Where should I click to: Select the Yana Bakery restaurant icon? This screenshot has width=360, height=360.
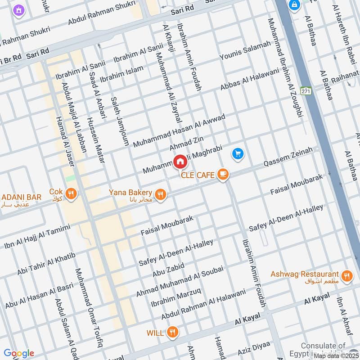coord(160,194)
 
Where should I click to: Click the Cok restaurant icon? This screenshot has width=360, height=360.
coord(71,194)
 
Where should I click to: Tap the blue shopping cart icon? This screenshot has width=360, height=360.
coord(238,154)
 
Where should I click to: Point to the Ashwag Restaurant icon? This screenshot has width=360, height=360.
coord(346,276)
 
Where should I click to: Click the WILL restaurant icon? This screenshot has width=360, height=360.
coord(171,333)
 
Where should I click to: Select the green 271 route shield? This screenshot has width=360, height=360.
coord(306,90)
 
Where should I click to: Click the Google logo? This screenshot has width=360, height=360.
coord(18,353)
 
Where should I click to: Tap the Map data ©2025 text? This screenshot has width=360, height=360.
coord(336,355)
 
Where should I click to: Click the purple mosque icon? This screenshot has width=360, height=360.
coord(18,9)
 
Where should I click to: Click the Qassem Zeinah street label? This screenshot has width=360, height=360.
coord(288,157)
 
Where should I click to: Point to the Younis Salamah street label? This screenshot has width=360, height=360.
coord(245,51)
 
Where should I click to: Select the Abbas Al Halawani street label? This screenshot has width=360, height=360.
coord(249,80)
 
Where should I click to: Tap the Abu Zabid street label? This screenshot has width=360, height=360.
coord(168,270)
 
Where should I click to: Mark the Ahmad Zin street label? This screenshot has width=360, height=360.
coord(184,144)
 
